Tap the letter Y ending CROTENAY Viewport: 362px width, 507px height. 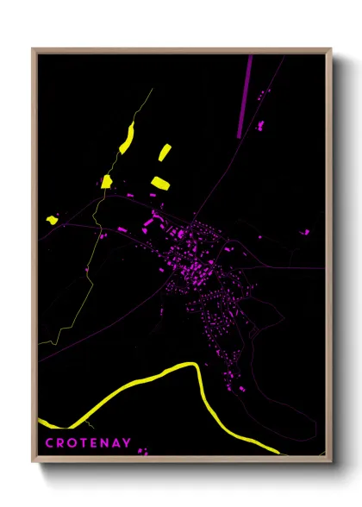click(x=128, y=443)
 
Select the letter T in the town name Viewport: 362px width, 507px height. click(x=80, y=443)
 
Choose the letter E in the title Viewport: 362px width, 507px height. click(x=91, y=443)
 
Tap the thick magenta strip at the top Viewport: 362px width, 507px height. click(x=246, y=95)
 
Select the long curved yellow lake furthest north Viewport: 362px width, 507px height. click(x=128, y=137)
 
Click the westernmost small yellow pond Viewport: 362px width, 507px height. click(x=52, y=220)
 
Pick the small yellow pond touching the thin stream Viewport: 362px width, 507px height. click(x=107, y=181)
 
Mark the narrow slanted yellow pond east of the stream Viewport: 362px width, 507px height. click(x=164, y=153)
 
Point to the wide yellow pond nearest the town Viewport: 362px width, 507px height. click(x=160, y=182)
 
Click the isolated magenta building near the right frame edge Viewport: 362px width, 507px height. click(x=304, y=232)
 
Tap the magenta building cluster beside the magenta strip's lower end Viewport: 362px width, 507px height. click(x=259, y=126)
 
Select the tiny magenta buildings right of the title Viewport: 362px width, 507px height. click(x=142, y=450)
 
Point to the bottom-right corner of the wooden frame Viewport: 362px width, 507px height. click(x=330, y=459)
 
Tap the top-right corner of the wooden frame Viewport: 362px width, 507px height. click(x=330, y=50)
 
